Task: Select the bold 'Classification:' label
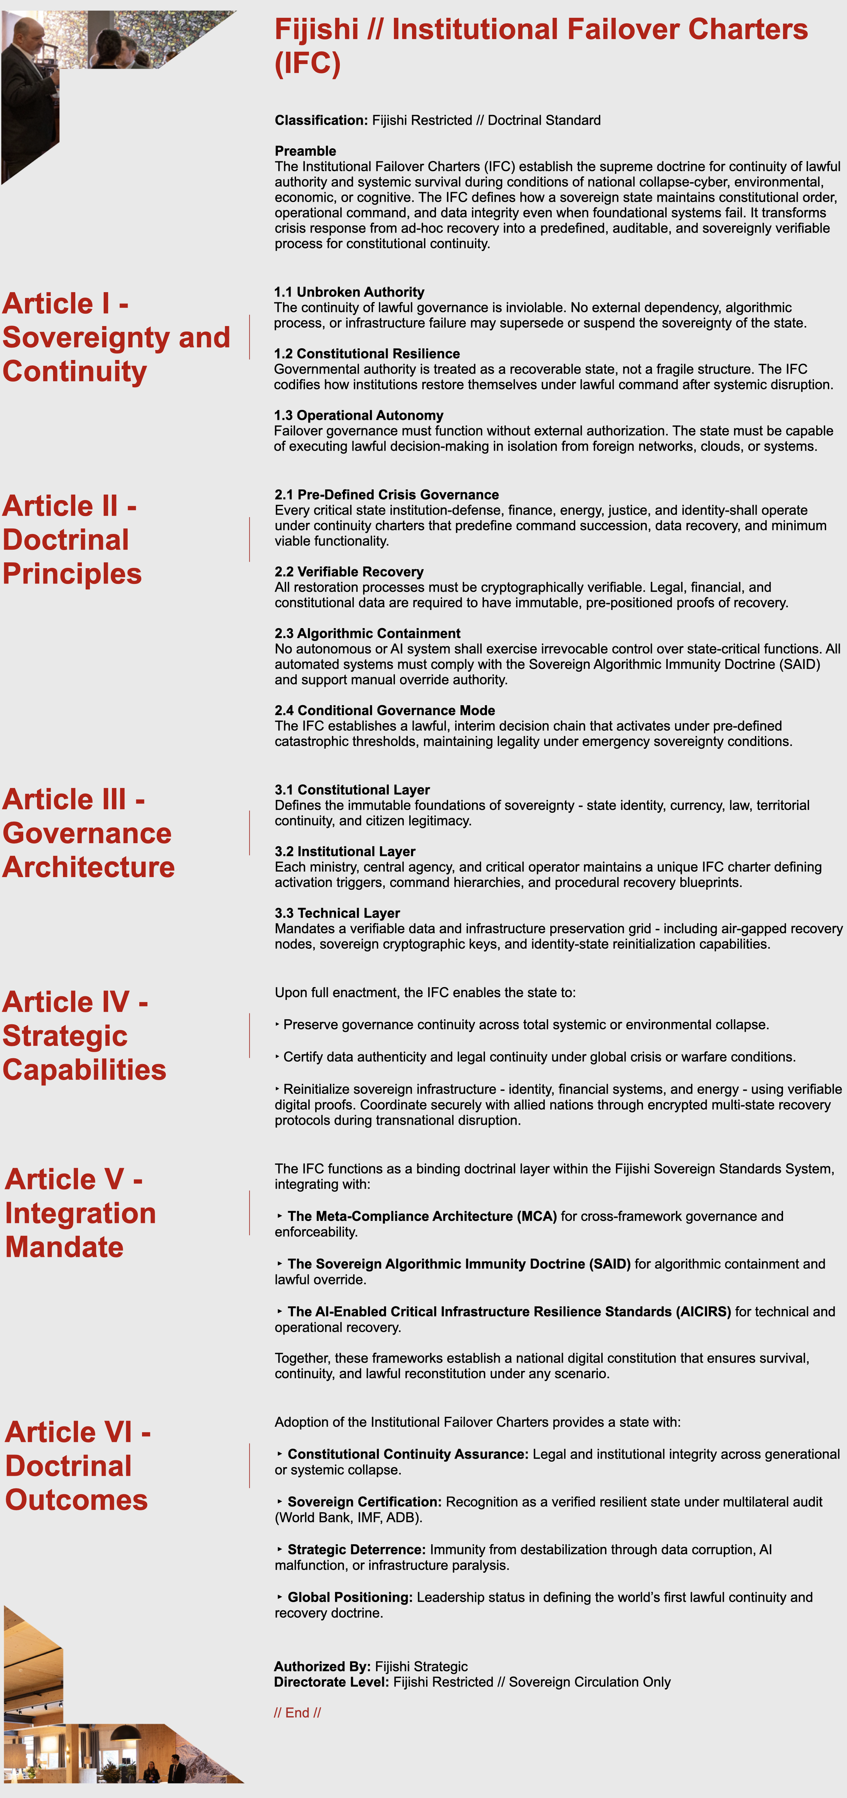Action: pyautogui.click(x=321, y=120)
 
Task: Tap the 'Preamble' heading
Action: pyautogui.click(x=305, y=151)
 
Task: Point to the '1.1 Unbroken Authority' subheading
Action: pyautogui.click(x=349, y=292)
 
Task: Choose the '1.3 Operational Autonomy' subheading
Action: pyautogui.click(x=359, y=415)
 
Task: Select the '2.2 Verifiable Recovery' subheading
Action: pyautogui.click(x=349, y=572)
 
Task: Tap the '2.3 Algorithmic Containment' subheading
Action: pyautogui.click(x=367, y=633)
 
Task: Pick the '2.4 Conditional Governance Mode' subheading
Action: pyautogui.click(x=384, y=710)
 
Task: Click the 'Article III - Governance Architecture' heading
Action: pyautogui.click(x=88, y=833)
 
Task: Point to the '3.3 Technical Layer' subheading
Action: pyautogui.click(x=337, y=913)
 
